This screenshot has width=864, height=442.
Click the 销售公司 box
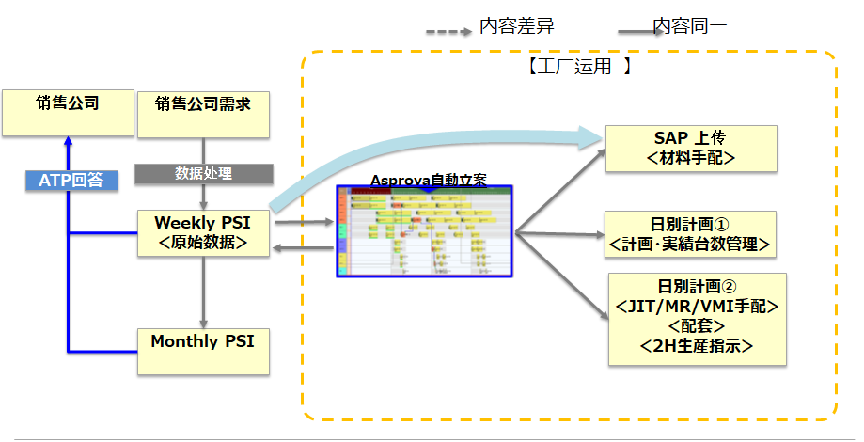point(67,112)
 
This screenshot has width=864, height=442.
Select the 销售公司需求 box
point(203,112)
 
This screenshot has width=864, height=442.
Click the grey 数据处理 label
point(204,173)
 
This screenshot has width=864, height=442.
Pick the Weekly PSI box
point(203,232)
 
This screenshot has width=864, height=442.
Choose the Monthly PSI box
point(203,351)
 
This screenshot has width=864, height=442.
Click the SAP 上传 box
point(690,148)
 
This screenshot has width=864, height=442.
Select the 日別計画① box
point(690,234)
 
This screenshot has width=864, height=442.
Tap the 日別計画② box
point(696,319)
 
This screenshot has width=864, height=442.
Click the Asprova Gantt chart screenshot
point(425,231)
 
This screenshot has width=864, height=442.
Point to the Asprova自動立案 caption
point(428,180)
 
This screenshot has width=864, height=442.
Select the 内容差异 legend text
point(516,26)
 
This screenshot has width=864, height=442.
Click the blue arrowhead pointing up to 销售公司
point(68,144)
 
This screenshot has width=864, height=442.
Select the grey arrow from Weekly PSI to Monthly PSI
point(203,292)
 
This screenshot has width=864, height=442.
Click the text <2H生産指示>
point(696,345)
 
